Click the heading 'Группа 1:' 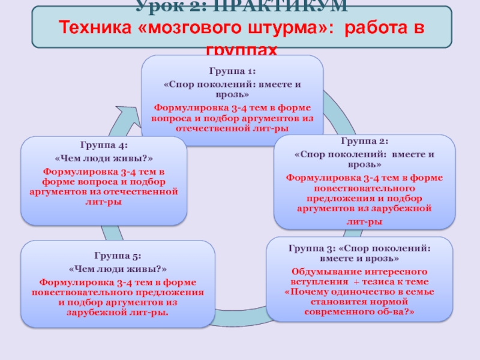[x=232, y=71]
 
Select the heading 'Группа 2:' [x=365, y=142]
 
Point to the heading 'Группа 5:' [x=118, y=255]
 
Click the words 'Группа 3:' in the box [x=311, y=248]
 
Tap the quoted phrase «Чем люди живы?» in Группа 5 [x=118, y=268]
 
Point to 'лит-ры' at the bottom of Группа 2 [x=365, y=221]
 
